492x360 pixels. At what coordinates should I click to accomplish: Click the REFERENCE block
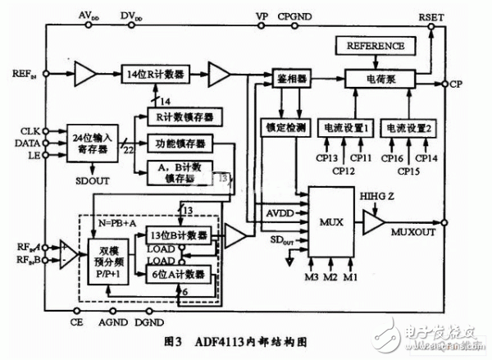point(376,46)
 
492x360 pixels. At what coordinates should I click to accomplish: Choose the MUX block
point(332,222)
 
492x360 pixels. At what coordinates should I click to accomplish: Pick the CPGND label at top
point(294,15)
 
